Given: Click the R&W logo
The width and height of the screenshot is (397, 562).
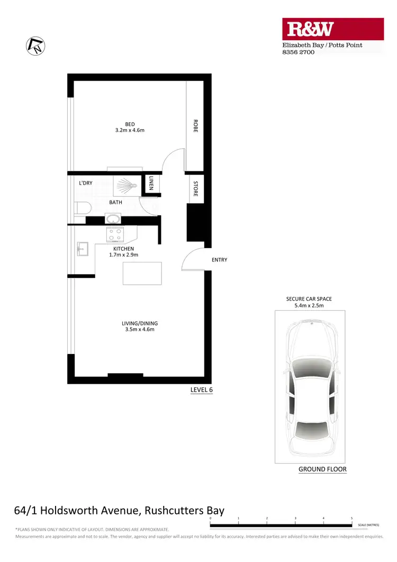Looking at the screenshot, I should click(x=332, y=30).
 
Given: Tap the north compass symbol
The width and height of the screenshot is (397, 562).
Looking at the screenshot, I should click(x=35, y=46).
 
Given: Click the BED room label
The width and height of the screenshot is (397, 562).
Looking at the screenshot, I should click(x=130, y=124).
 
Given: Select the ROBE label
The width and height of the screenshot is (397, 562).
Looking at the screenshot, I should click(x=195, y=125).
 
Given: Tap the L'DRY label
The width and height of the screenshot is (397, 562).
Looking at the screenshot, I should click(x=86, y=183).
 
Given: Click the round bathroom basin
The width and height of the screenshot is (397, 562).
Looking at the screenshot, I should click(x=112, y=219).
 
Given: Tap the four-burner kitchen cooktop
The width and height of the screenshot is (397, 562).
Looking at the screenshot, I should click(x=114, y=234).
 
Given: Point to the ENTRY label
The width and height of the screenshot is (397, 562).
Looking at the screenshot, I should click(x=219, y=260).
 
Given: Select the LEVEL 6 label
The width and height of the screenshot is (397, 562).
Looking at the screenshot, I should click(x=201, y=391).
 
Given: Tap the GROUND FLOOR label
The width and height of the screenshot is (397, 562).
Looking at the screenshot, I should click(x=322, y=469).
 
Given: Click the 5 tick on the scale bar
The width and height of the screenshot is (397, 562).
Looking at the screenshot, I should click(x=351, y=519).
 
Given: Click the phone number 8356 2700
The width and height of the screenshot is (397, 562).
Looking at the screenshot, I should click(x=298, y=52).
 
